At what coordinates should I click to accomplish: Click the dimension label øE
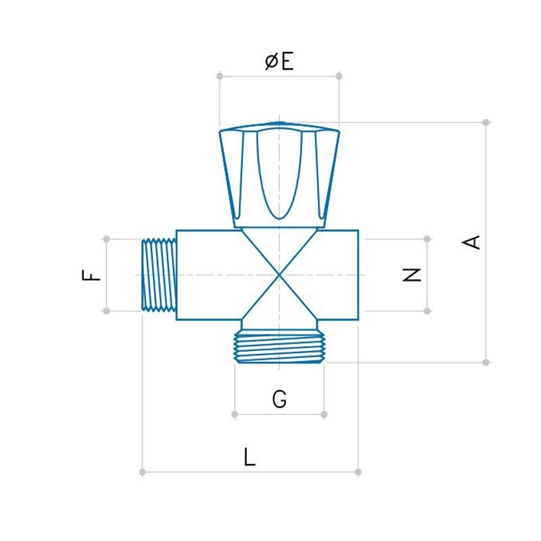(x=279, y=62)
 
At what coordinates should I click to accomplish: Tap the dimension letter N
(x=412, y=275)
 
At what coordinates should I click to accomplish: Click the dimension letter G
(x=279, y=400)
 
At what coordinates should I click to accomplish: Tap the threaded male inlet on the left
(x=160, y=275)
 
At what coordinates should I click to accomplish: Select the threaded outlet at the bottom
(x=279, y=348)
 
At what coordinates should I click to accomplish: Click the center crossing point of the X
(x=279, y=275)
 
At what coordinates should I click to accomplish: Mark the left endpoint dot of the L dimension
(x=142, y=472)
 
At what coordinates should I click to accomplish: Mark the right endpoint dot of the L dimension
(x=358, y=472)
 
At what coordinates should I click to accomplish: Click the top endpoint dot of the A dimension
(x=486, y=122)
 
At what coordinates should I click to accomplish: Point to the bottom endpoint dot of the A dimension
(x=486, y=362)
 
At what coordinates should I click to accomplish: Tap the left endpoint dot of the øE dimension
(x=220, y=76)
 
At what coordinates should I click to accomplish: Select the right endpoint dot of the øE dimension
(x=339, y=76)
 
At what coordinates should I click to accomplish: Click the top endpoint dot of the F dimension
(x=106, y=239)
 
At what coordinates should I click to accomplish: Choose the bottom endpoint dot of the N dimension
(x=427, y=311)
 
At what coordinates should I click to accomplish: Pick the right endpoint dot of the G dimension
(x=324, y=414)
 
